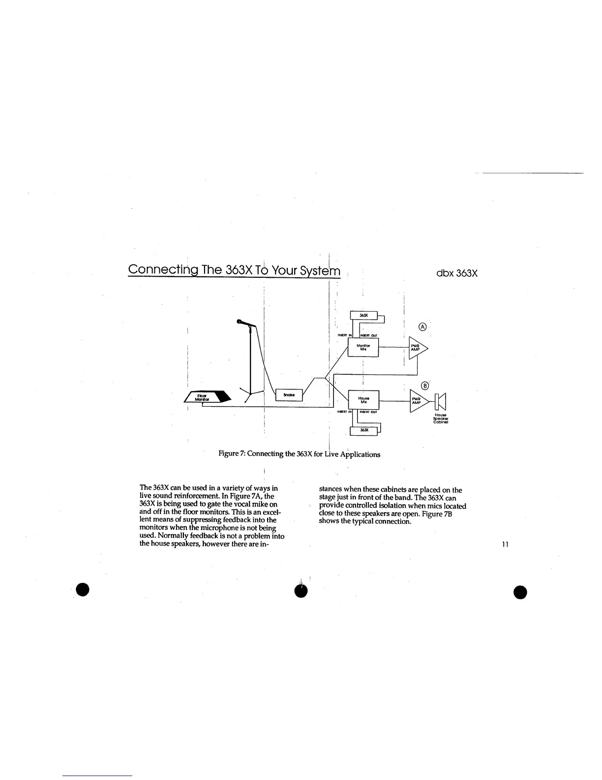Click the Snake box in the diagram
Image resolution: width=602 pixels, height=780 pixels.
[289, 394]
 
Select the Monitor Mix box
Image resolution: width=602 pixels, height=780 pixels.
[363, 348]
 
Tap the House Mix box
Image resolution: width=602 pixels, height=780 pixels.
[363, 399]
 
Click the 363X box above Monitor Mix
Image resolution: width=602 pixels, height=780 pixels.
[363, 316]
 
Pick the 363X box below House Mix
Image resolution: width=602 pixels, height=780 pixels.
[363, 431]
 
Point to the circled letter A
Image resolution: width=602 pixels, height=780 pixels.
[421, 327]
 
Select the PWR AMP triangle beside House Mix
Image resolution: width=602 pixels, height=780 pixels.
[417, 401]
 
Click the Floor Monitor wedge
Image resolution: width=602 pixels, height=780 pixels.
[207, 396]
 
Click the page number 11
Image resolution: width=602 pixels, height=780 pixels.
[505, 544]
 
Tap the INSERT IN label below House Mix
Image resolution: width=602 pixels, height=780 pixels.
[343, 412]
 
